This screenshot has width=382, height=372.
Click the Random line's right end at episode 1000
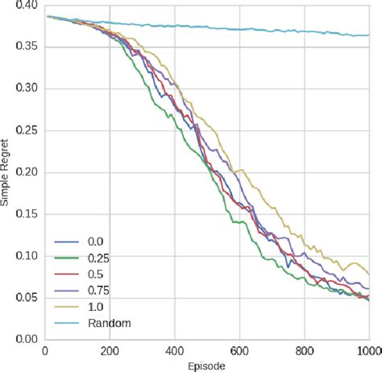pos(369,35)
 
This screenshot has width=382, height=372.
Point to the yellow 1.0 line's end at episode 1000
pos(369,275)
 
